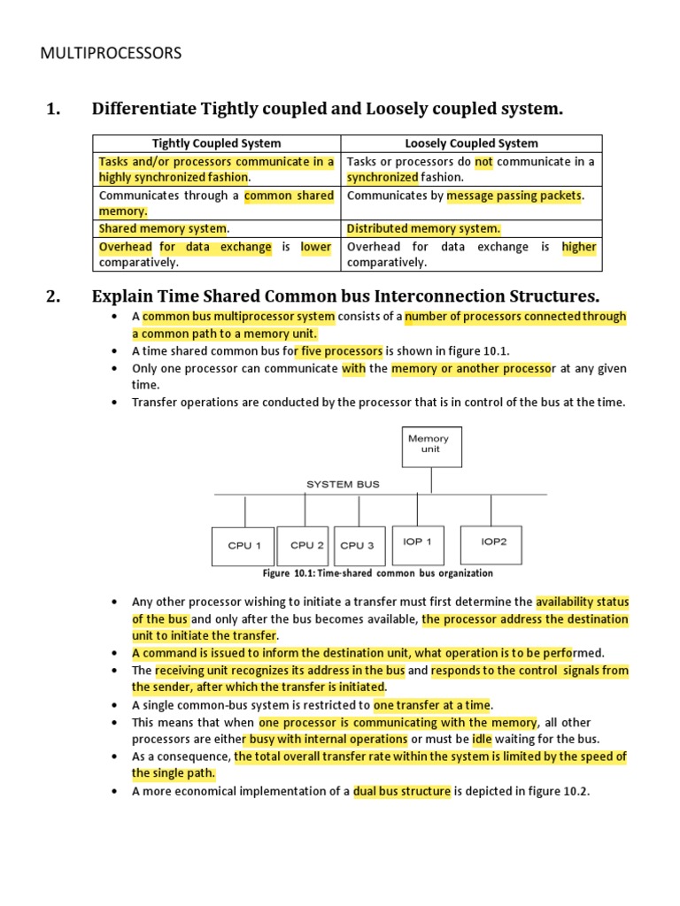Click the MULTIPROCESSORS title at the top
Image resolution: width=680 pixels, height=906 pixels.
111,54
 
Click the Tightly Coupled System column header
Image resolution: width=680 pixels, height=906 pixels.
216,143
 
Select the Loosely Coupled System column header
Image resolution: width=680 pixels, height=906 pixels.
471,143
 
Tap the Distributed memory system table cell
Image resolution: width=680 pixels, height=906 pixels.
423,229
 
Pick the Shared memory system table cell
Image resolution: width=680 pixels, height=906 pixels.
164,229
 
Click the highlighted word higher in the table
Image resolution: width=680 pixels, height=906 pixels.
579,247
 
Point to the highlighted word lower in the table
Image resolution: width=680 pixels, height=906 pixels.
316,247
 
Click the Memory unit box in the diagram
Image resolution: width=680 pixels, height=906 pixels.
428,443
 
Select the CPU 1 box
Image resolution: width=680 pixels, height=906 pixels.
243,546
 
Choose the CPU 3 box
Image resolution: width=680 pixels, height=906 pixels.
357,546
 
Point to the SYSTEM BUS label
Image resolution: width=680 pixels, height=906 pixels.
343,484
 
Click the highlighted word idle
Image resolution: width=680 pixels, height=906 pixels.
481,739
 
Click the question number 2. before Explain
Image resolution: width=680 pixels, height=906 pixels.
52,296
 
